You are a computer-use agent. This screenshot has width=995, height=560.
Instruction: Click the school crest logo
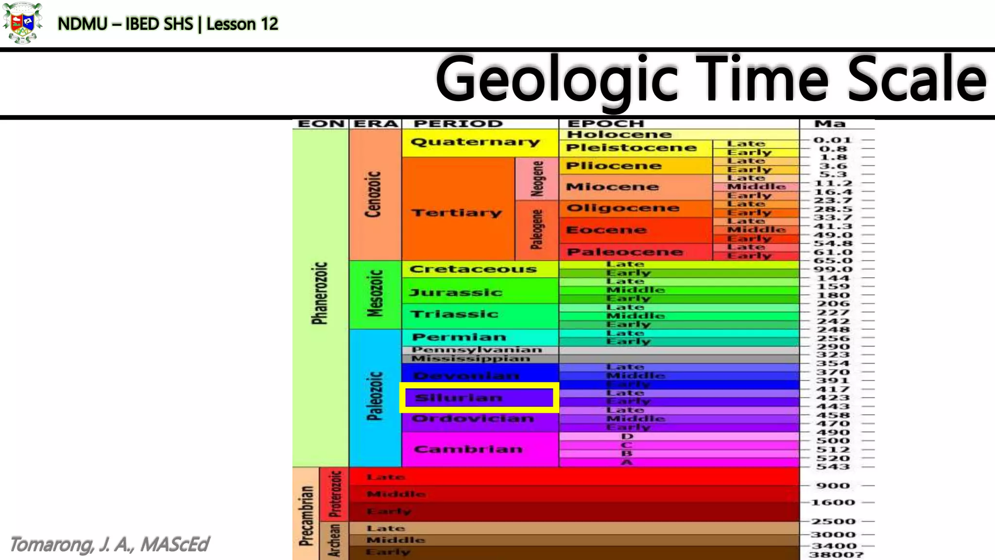pyautogui.click(x=22, y=23)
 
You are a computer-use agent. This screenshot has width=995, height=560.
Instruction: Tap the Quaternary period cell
pyautogui.click(x=475, y=142)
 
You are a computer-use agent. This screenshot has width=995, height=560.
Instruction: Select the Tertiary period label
pyautogui.click(x=457, y=213)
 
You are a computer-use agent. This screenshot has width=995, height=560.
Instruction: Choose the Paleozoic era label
pyautogui.click(x=375, y=396)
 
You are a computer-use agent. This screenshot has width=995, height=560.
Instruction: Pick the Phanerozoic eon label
pyautogui.click(x=320, y=293)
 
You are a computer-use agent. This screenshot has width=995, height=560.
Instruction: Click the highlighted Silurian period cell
pyautogui.click(x=479, y=398)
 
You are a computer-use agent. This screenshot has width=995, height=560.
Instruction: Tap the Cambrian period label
pyautogui.click(x=468, y=449)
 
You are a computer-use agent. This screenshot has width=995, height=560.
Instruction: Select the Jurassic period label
pyautogui.click(x=456, y=292)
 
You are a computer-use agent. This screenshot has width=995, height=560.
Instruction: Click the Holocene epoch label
pyautogui.click(x=619, y=135)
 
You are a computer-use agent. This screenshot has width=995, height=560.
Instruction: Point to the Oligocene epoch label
pyautogui.click(x=623, y=208)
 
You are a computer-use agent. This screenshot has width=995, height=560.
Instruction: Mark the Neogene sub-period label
pyautogui.click(x=537, y=178)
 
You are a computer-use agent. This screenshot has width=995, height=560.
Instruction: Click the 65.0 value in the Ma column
pyautogui.click(x=833, y=261)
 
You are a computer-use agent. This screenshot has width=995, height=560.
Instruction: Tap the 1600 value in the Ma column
pyautogui.click(x=833, y=503)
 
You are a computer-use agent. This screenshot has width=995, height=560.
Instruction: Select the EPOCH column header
pyautogui.click(x=605, y=124)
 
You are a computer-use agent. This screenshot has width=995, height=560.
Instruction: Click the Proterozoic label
pyautogui.click(x=335, y=494)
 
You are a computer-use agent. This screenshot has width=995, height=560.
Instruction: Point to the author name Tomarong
pyautogui.click(x=51, y=545)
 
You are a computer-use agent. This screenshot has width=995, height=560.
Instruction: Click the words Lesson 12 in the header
pyautogui.click(x=242, y=24)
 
